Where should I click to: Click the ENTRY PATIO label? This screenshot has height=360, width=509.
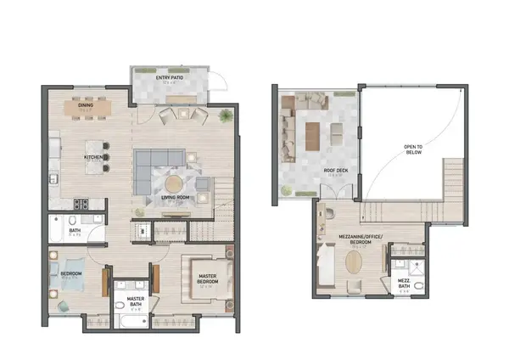click(171, 79)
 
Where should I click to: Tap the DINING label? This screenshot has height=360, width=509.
click(86, 105)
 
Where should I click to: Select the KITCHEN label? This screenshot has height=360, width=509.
click(93, 158)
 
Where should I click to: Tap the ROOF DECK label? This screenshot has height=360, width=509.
click(333, 171)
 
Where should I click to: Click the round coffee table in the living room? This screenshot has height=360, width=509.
click(174, 182)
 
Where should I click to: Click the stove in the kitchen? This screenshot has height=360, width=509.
click(82, 204)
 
